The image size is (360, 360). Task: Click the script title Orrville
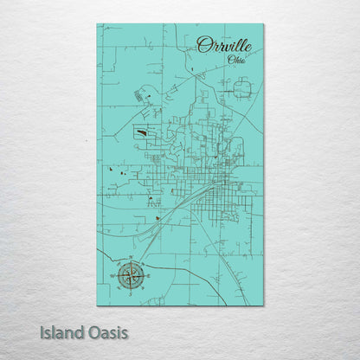point(225,45)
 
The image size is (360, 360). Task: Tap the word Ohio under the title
point(235,60)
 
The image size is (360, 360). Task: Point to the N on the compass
point(132,259)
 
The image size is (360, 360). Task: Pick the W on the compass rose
point(113,276)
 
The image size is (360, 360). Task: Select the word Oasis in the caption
point(112,331)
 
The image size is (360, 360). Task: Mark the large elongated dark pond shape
point(140,133)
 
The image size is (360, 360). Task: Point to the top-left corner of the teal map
point(97,24)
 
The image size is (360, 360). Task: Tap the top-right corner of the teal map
point(263,24)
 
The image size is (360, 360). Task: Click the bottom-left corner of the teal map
point(97,305)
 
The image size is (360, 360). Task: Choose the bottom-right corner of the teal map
point(263,305)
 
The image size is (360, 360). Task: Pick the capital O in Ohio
point(229,60)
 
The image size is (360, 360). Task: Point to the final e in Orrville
point(249,48)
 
